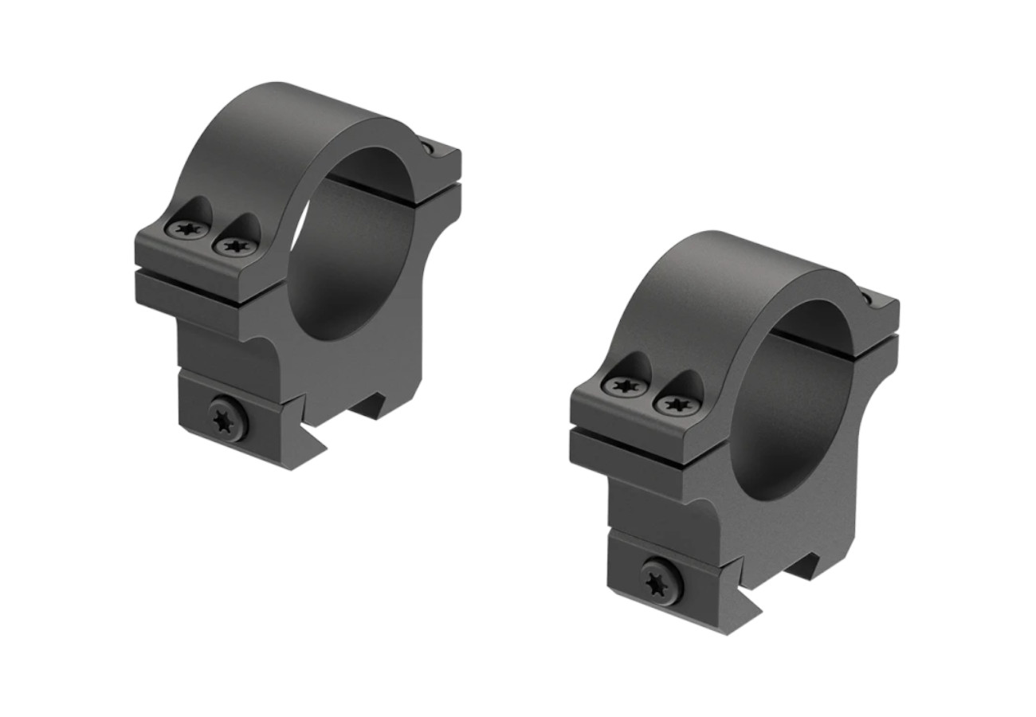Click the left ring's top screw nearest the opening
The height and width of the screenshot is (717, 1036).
[237, 246]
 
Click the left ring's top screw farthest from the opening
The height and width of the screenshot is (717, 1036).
[186, 230]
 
